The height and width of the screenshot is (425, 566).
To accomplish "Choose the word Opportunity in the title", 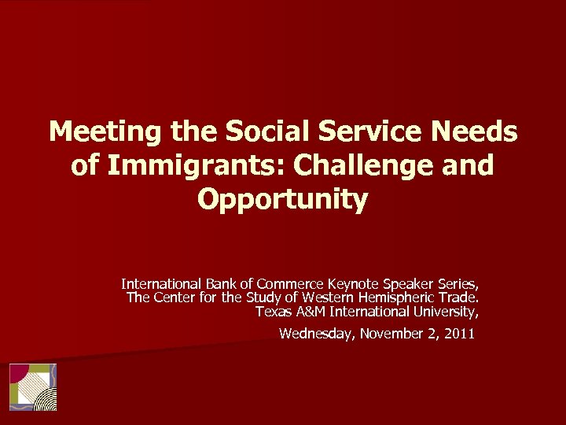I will tap(283, 200).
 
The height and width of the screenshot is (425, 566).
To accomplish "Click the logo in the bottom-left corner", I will tap(33, 386).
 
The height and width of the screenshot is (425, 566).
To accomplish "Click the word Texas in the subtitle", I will tap(272, 311).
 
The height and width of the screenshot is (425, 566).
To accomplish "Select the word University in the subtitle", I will tap(448, 311).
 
